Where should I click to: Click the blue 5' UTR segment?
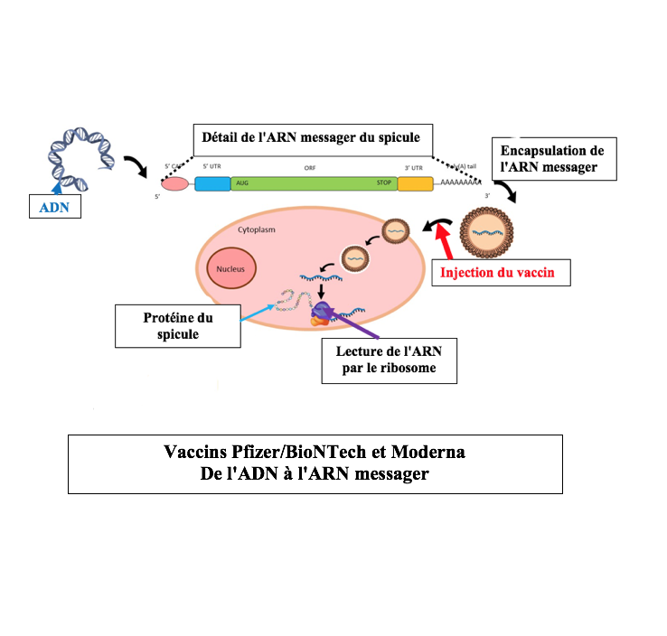pos(212,183)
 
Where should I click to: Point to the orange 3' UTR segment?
pos(416,183)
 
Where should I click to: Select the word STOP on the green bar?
pos(385,183)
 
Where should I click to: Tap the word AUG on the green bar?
pos(241,183)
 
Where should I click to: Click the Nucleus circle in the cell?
pos(231,267)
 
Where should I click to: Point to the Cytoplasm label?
pos(256,229)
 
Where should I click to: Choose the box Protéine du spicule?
pos(177,326)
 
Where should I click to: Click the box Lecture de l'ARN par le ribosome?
pos(389,359)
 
